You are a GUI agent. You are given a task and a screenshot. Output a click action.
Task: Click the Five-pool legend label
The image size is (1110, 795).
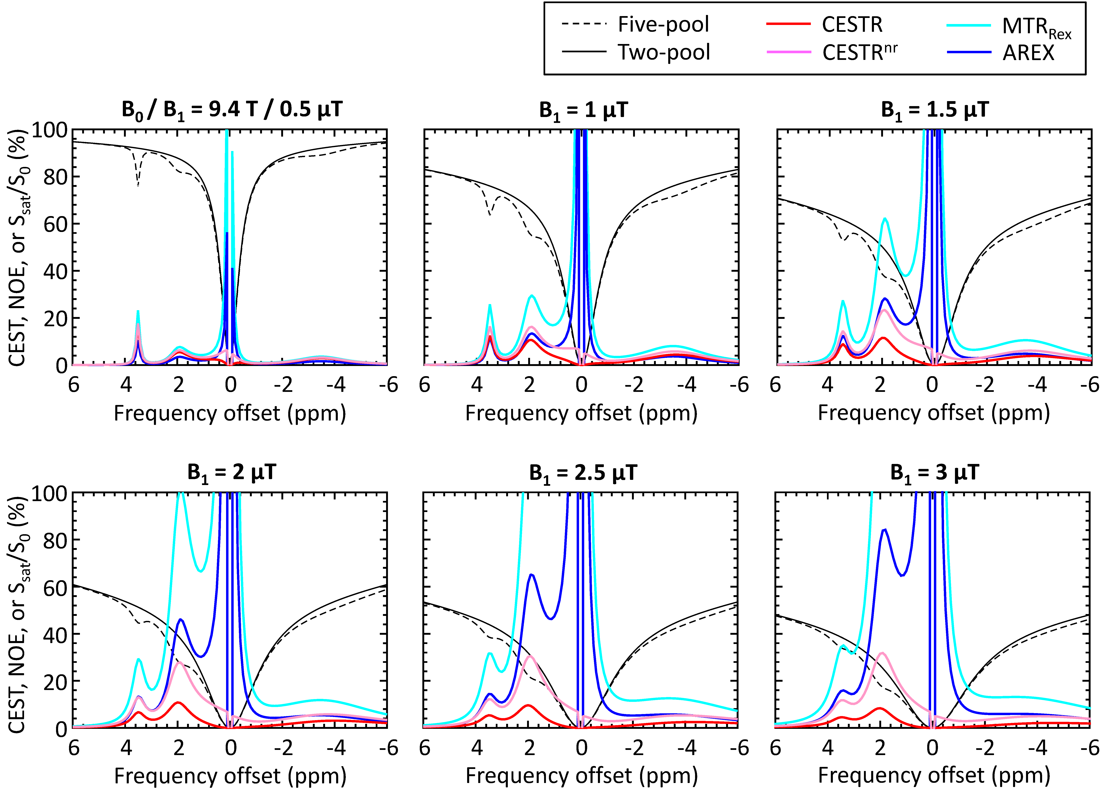tap(663, 24)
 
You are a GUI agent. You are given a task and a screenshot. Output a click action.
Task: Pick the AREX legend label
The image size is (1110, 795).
tap(1028, 52)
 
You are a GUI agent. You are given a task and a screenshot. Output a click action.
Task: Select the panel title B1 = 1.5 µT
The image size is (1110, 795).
tap(935, 110)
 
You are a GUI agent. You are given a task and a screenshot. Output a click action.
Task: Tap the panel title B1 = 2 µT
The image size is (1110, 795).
tap(231, 473)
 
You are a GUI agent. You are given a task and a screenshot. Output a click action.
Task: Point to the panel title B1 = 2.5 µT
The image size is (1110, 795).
tap(583, 473)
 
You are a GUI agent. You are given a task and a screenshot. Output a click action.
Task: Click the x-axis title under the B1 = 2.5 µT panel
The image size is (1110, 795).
tap(581, 776)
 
